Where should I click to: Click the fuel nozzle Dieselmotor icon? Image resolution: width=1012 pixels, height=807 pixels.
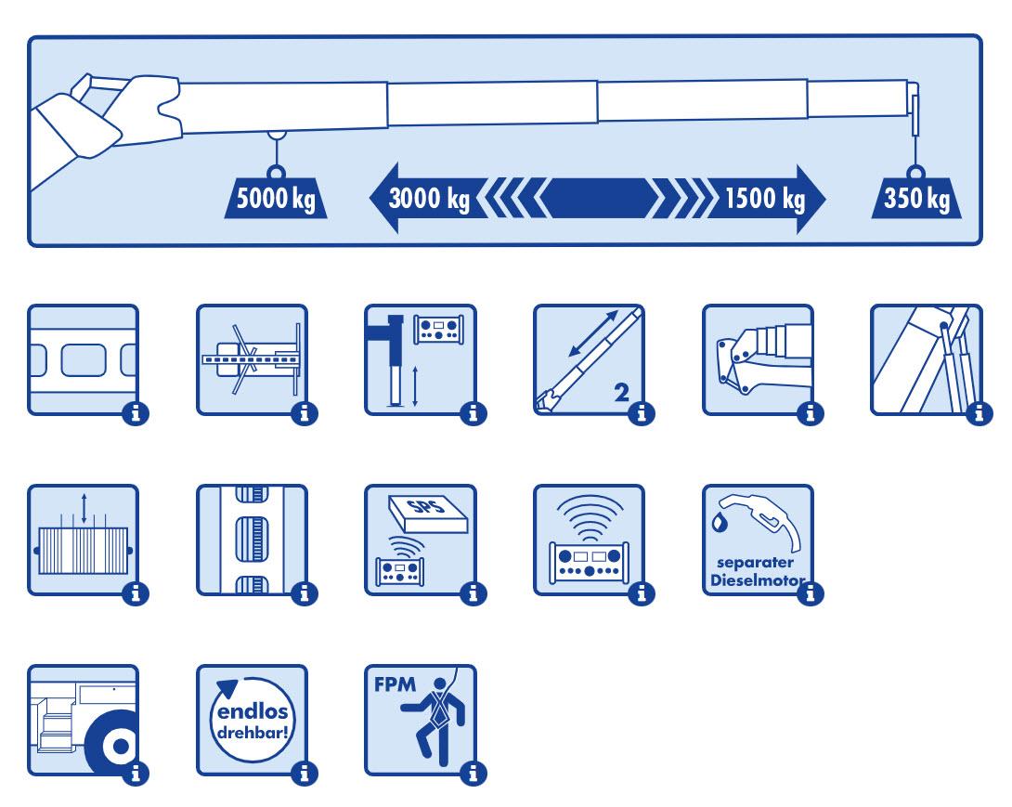(758, 540)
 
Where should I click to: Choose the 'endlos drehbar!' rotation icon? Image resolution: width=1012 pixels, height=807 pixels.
(251, 720)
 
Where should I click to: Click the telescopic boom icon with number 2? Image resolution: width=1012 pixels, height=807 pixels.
(589, 359)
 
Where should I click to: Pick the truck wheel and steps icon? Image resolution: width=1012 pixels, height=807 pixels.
(83, 720)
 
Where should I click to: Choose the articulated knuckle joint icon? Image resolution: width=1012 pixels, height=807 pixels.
(758, 359)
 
